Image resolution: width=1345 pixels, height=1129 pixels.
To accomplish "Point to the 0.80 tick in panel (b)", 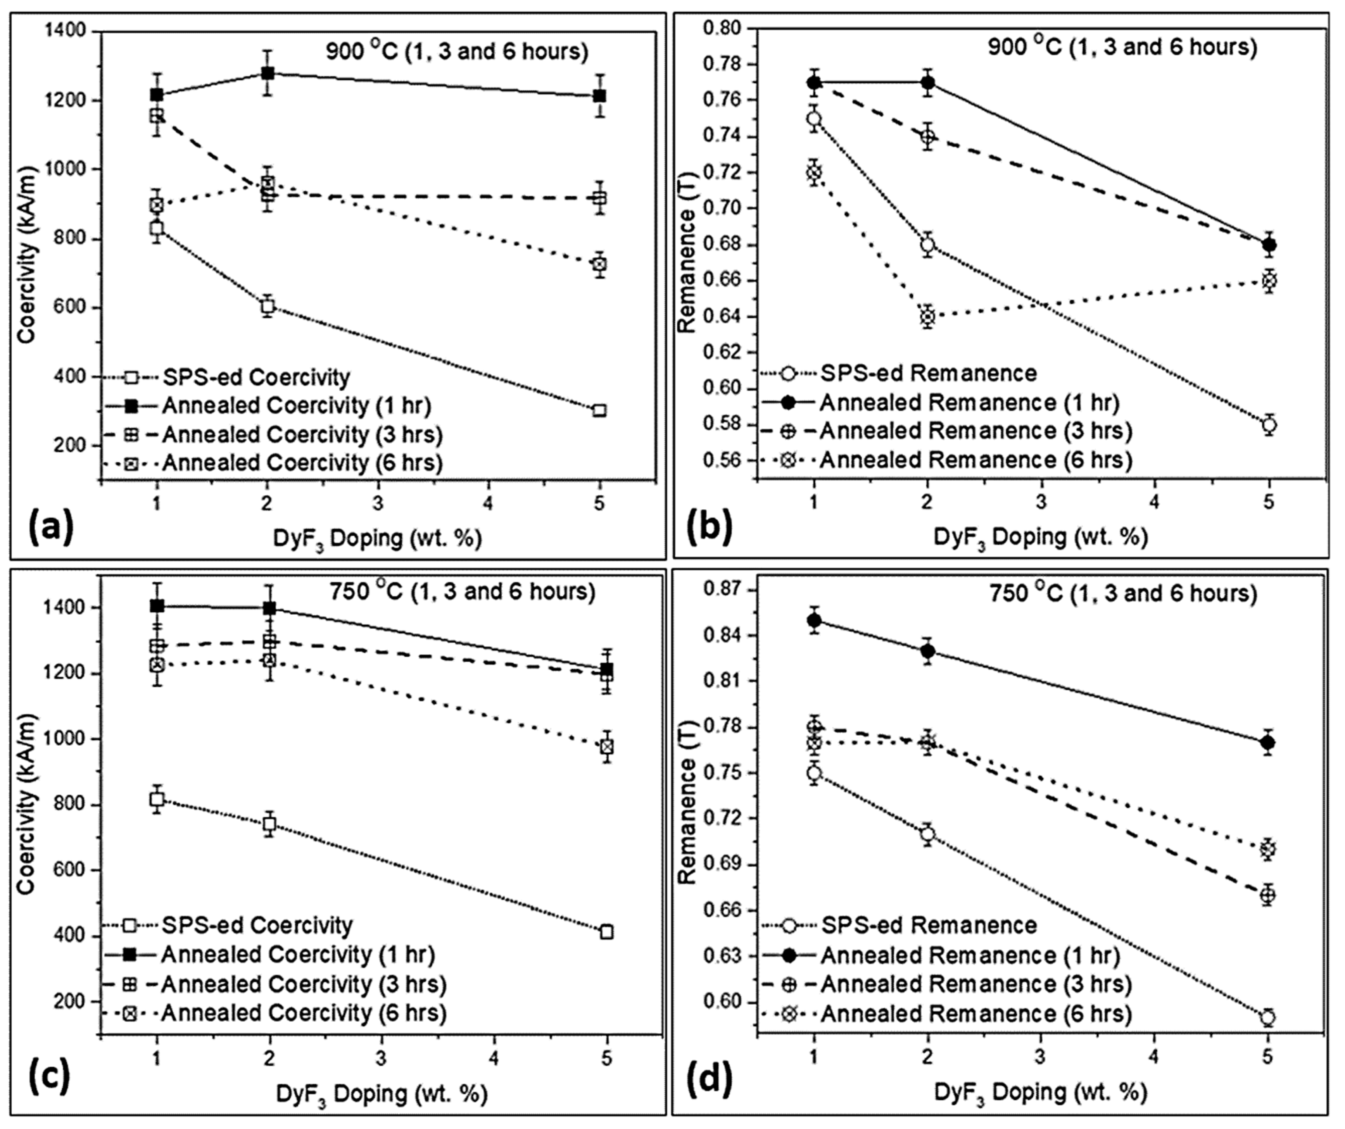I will (x=724, y=29).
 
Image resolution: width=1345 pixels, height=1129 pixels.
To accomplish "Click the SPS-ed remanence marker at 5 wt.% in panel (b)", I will (x=1269, y=424).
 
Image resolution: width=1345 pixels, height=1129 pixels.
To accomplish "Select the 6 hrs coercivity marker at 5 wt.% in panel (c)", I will (x=606, y=747).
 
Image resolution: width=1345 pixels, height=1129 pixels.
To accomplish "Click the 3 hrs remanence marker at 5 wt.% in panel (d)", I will (x=1267, y=895).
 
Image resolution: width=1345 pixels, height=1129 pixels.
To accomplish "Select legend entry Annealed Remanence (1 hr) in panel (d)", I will (x=969, y=955).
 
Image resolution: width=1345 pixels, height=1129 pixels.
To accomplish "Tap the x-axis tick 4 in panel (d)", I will (x=1154, y=1056).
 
